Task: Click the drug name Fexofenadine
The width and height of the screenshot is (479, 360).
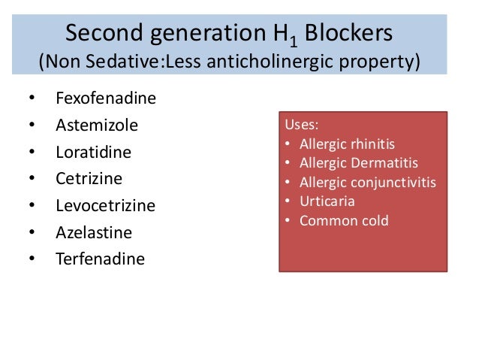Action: (106, 98)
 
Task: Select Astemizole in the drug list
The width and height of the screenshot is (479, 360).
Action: (97, 126)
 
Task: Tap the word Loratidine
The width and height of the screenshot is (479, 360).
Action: (93, 153)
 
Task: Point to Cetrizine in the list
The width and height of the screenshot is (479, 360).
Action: (89, 179)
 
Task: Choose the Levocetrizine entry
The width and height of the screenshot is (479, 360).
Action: (105, 206)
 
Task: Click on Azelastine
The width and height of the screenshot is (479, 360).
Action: (93, 232)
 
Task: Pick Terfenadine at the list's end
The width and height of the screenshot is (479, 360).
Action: (100, 259)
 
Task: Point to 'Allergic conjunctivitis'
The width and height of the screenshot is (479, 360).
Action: (367, 183)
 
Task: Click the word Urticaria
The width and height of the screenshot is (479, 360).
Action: (327, 201)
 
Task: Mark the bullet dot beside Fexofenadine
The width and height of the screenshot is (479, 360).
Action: (31, 98)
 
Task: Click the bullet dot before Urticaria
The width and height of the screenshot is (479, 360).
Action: (288, 201)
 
